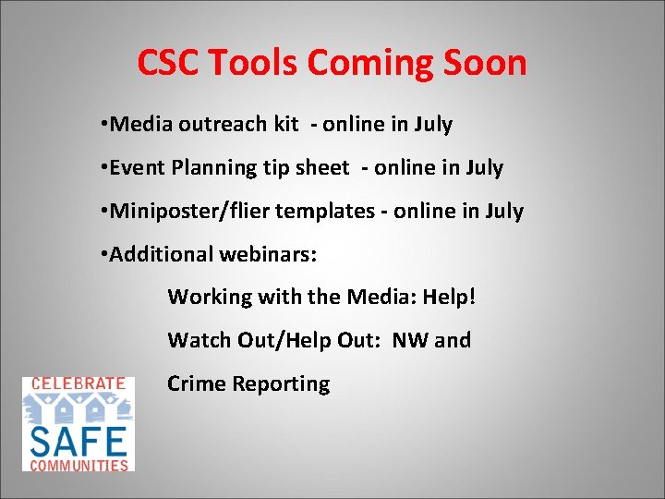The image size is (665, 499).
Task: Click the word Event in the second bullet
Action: click(x=136, y=168)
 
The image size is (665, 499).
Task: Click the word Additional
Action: click(x=161, y=254)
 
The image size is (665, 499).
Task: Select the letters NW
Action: click(x=410, y=340)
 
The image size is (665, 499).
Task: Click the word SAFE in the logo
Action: click(x=79, y=440)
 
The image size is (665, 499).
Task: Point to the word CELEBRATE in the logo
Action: click(x=79, y=383)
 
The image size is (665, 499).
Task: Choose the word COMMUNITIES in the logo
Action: click(x=79, y=465)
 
